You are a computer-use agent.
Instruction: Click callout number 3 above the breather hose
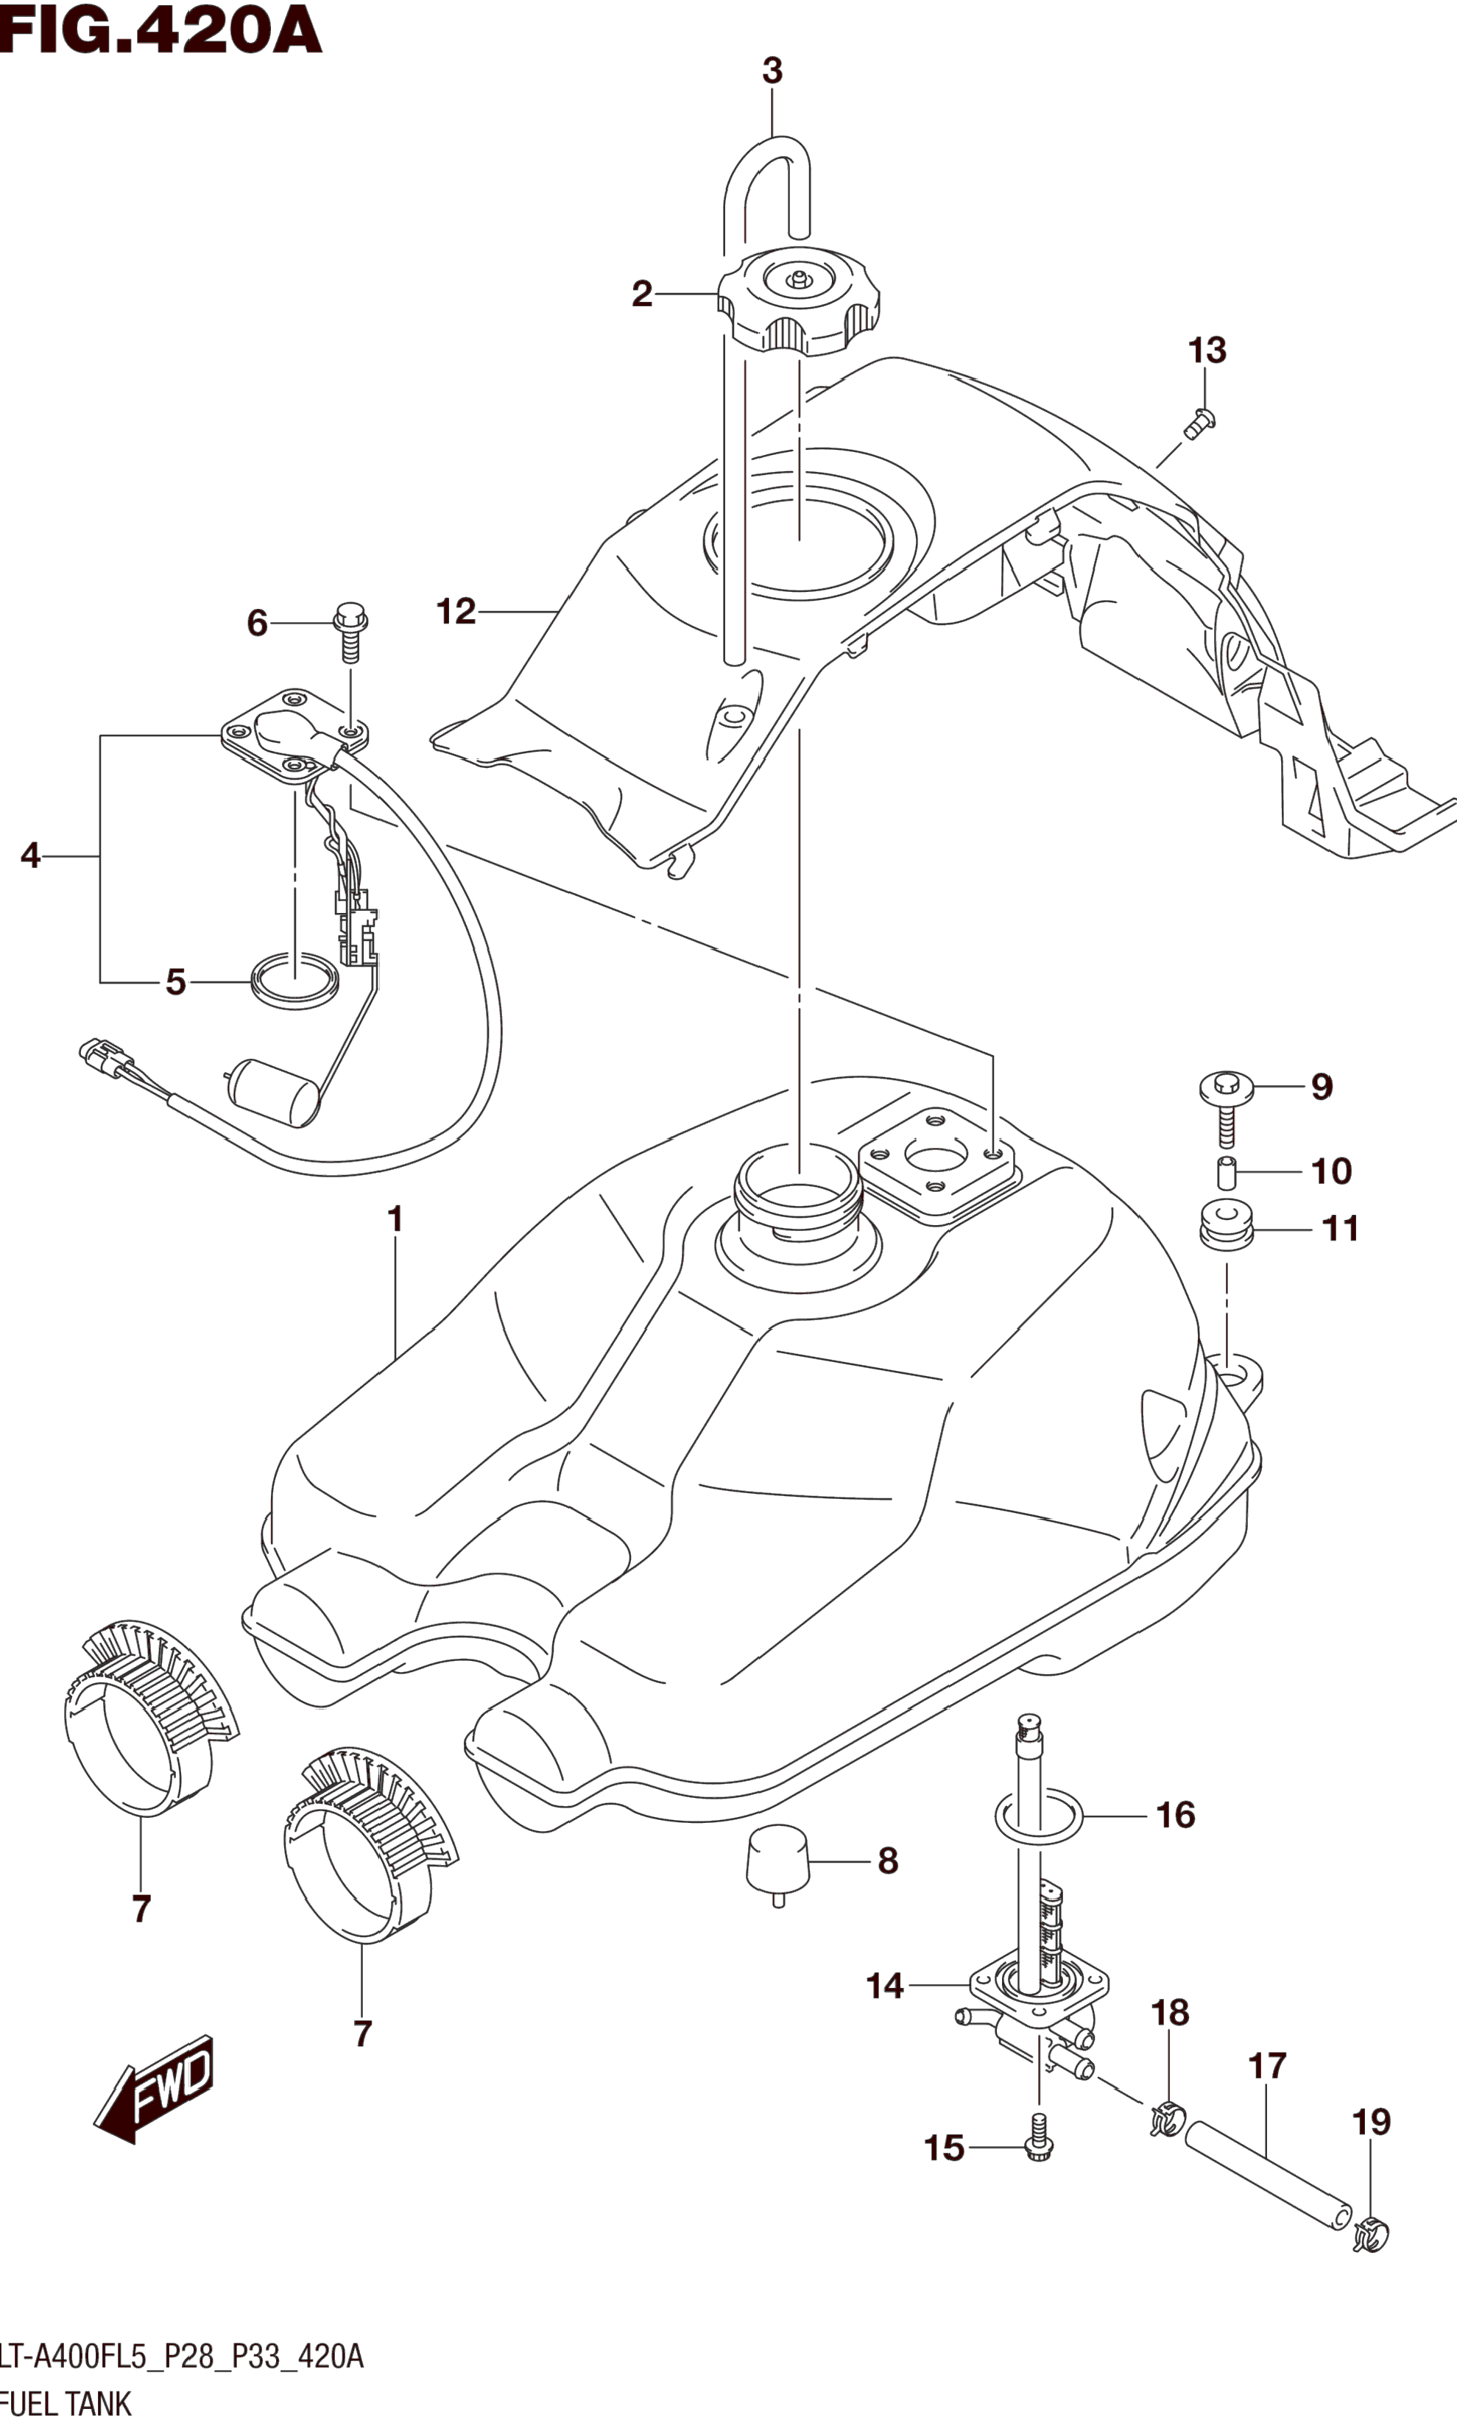(x=773, y=71)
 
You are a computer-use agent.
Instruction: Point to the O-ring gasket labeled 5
(x=294, y=981)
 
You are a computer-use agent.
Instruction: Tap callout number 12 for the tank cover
(x=456, y=613)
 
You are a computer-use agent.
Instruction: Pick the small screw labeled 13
(x=1199, y=424)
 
